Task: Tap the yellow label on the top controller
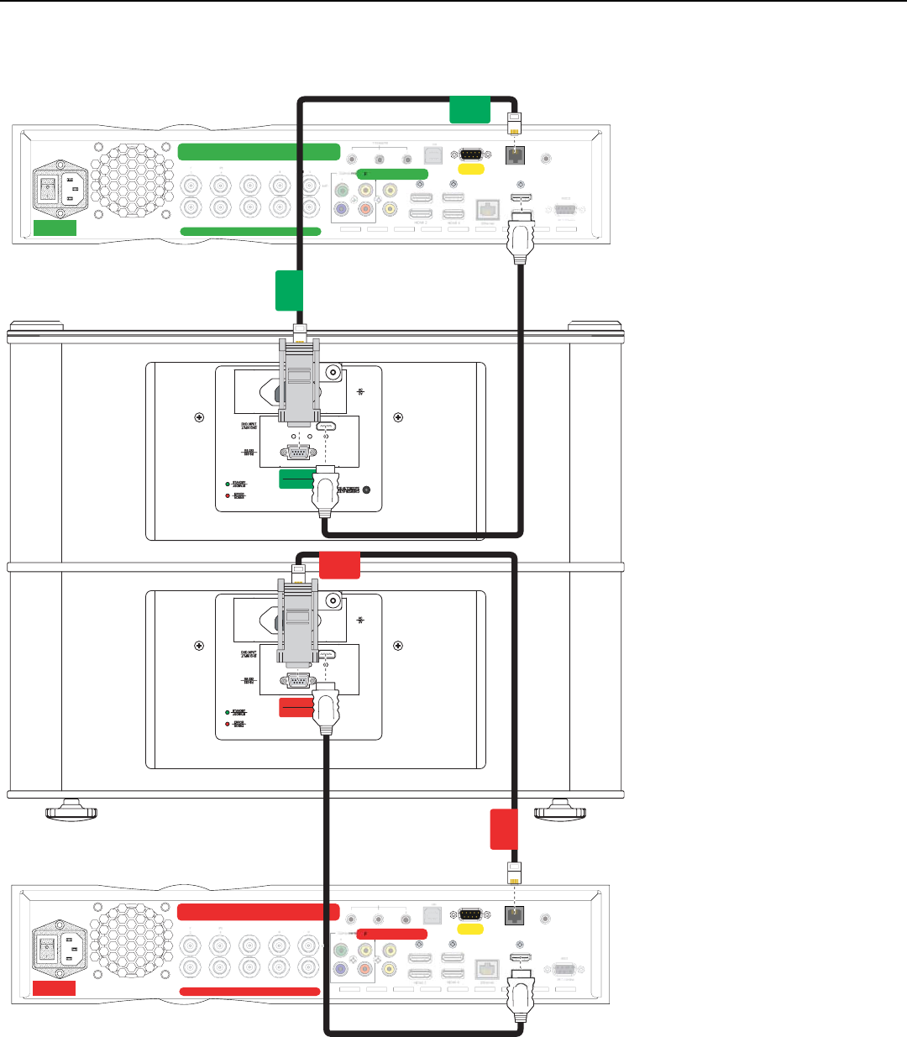tap(469, 169)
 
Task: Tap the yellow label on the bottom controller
tap(469, 930)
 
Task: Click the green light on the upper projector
tap(227, 484)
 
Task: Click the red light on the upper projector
tap(227, 495)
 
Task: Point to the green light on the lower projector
tap(227, 711)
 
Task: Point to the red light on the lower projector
tap(227, 723)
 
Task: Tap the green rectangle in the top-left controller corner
tap(55, 228)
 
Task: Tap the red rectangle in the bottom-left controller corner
tap(55, 987)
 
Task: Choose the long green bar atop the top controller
tap(259, 152)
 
